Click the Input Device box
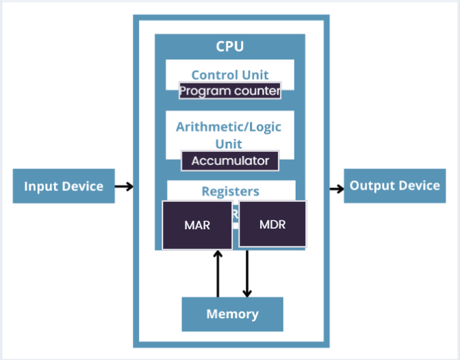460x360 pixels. point(63,186)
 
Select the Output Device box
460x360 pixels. point(394,185)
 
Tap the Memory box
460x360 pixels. point(232,314)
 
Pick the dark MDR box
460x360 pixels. point(272,224)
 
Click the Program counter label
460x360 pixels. point(230,91)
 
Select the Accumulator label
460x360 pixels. point(230,162)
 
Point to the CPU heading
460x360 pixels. point(230,47)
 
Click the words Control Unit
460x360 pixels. point(230,75)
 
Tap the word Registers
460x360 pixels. point(231,192)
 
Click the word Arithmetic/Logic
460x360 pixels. point(229,127)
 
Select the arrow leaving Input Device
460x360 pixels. point(123,186)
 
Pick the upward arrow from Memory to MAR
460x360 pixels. point(218,274)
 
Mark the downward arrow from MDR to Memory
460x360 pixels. point(247,274)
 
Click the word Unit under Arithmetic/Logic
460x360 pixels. point(229,144)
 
